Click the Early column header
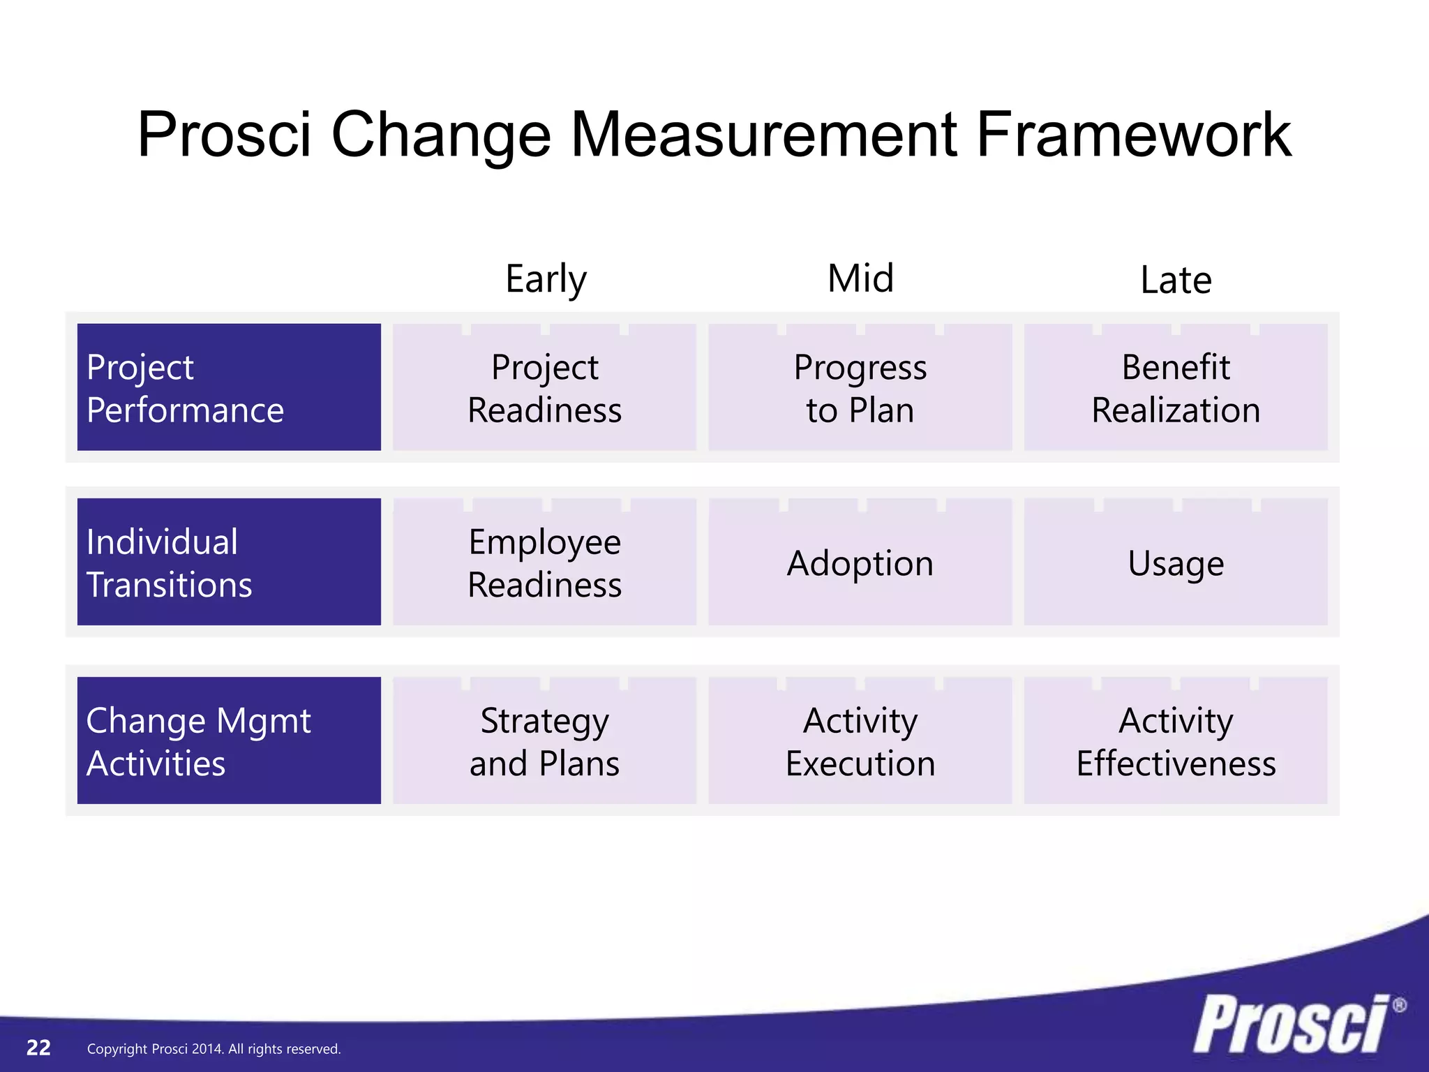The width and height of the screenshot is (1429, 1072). coord(546,279)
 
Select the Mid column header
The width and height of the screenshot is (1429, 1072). coord(860,278)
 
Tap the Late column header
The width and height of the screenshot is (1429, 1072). coord(1176,280)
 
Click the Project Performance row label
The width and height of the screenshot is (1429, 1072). coord(229,387)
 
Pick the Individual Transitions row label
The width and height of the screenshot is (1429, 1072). coord(229,562)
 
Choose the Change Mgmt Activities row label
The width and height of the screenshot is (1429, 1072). coord(229,740)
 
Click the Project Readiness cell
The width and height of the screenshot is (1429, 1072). coord(544,387)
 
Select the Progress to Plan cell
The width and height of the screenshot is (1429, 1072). coord(860,387)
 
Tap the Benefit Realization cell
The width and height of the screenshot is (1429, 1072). coord(1176,387)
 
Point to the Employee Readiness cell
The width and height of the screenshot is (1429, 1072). coord(544,562)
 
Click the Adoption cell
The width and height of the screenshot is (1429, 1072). coord(860,563)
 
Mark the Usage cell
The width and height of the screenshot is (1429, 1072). coord(1176,563)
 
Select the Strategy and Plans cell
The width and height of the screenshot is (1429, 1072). coord(544,740)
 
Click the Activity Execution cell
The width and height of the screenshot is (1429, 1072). coord(860,740)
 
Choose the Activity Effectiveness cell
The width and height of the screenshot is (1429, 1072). coord(1176,740)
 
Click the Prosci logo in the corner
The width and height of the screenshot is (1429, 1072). coord(1291,1024)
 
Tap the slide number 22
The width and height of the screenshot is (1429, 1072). coord(38,1048)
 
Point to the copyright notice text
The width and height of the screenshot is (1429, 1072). coord(214,1049)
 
